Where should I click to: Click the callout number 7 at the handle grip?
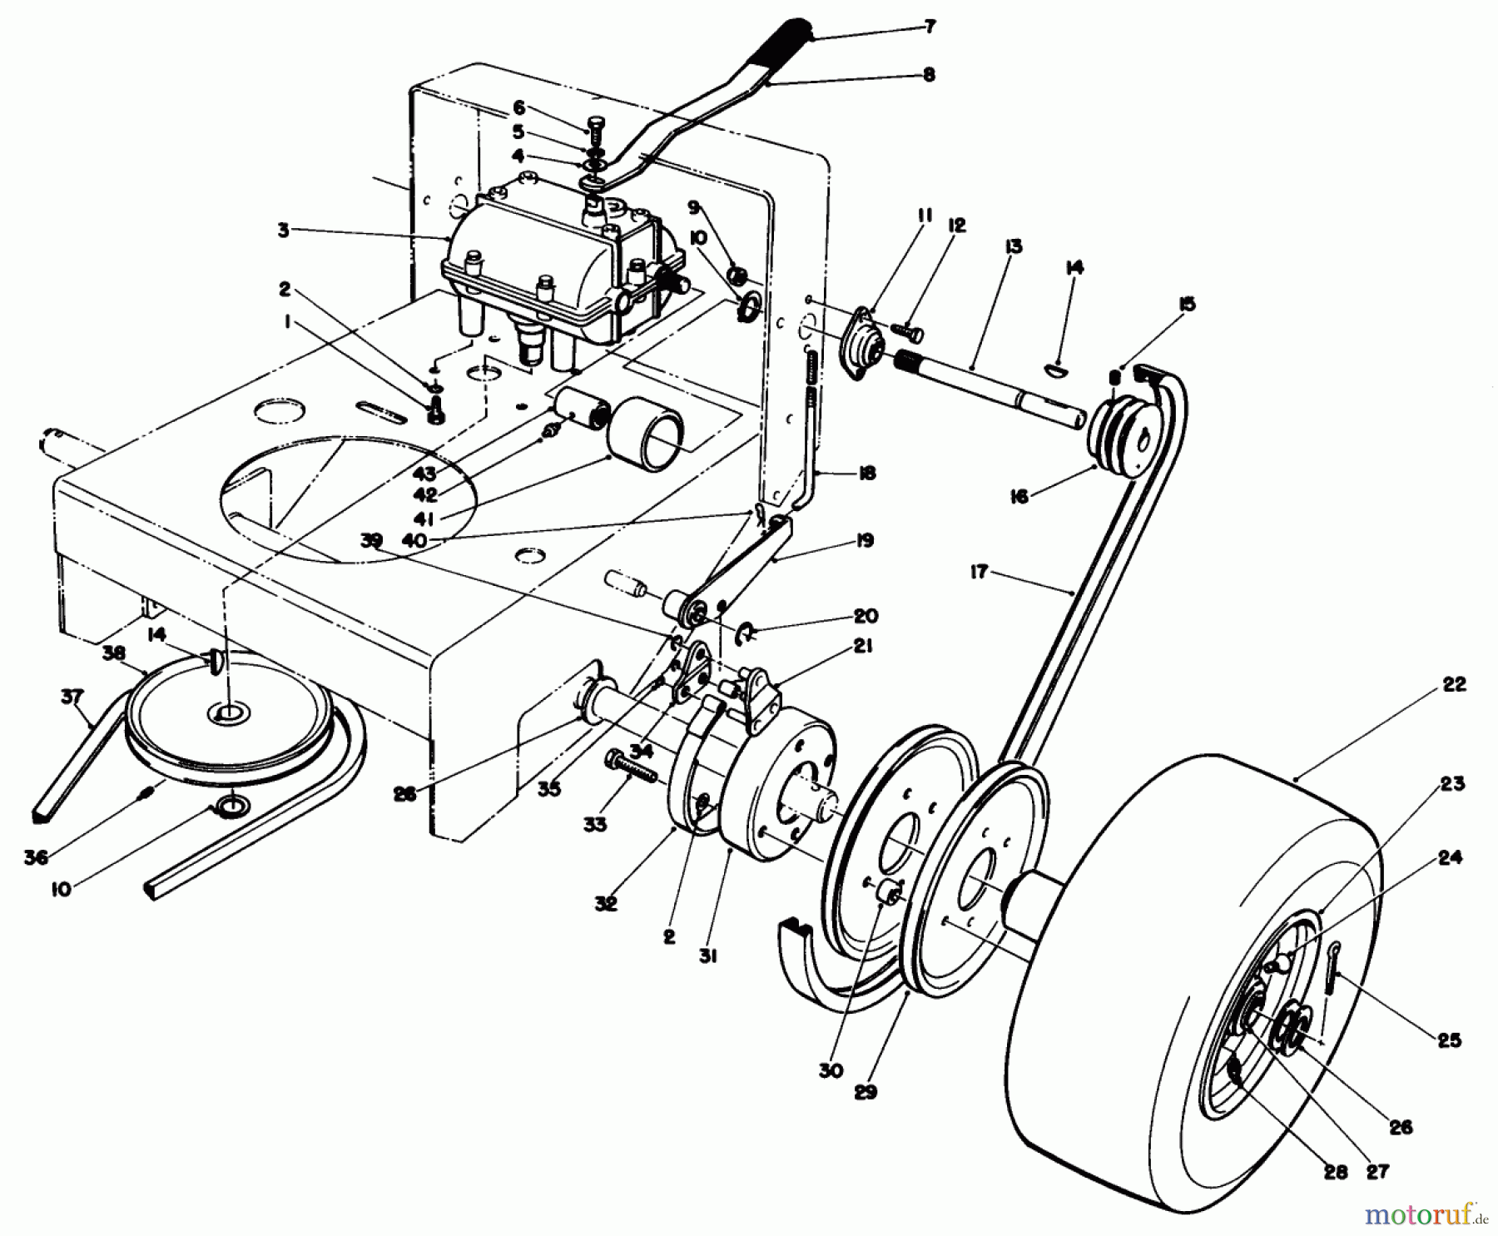[930, 27]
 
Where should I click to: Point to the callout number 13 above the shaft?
[1013, 247]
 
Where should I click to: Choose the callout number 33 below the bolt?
[618, 823]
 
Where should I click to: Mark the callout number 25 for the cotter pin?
[1449, 1040]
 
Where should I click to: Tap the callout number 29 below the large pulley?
[866, 1091]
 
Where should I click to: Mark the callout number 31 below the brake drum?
[707, 957]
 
